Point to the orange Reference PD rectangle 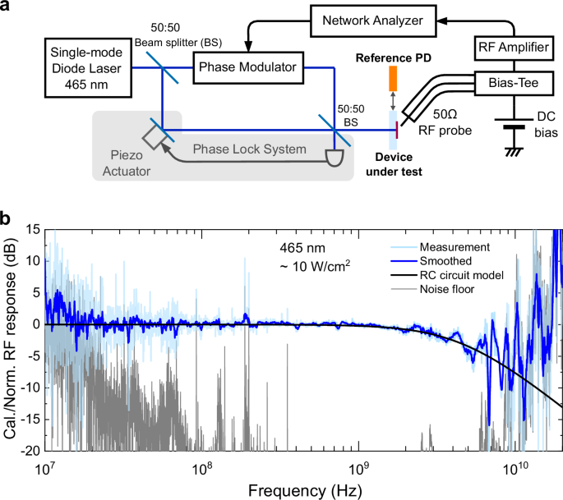click(392, 77)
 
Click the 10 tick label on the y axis click(31, 259)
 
